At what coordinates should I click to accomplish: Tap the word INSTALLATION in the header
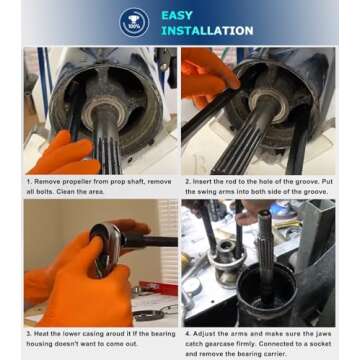(x=208, y=31)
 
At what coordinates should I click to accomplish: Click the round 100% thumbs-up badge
(x=134, y=22)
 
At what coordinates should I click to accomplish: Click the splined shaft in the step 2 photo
(x=258, y=140)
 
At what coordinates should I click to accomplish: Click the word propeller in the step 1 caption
(x=72, y=181)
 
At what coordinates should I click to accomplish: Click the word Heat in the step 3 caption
(x=42, y=330)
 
